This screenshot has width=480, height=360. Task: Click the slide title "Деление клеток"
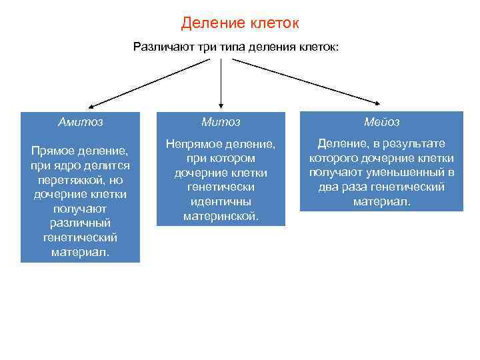[240, 23]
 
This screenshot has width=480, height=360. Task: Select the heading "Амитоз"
[80, 122]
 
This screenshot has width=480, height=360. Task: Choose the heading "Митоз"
[221, 122]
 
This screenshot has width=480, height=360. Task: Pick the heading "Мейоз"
[381, 122]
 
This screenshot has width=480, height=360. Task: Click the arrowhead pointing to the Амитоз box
[92, 106]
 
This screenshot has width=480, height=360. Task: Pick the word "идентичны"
[221, 201]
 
